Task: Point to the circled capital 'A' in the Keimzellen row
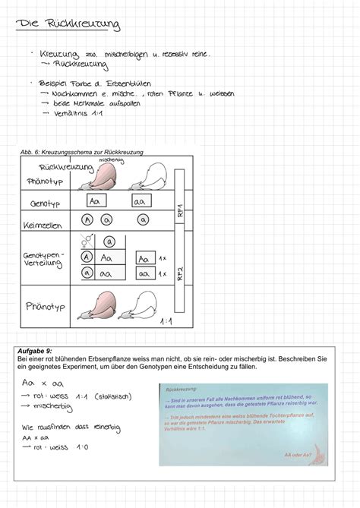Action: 87,220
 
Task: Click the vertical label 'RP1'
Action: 180,210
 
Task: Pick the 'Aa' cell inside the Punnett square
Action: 107,258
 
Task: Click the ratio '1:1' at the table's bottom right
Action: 166,321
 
